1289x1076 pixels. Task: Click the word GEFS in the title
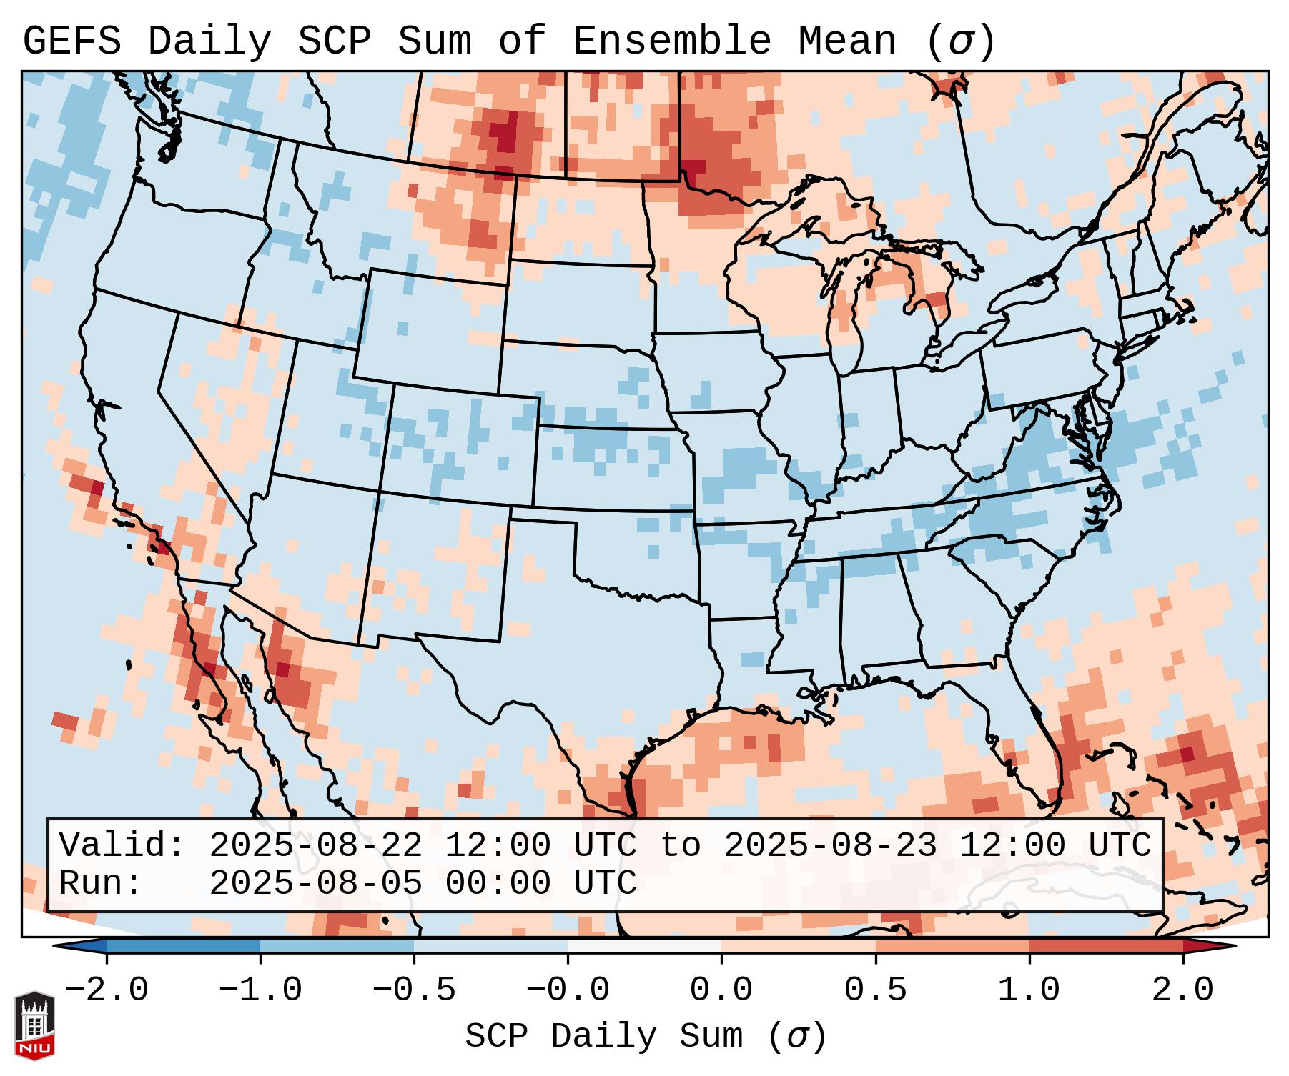pos(71,41)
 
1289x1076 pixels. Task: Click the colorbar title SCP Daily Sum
pos(604,1037)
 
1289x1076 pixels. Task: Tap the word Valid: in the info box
pos(122,845)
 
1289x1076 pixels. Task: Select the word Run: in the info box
pos(101,883)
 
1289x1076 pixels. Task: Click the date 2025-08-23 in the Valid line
pos(830,845)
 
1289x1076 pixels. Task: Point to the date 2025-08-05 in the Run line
pos(315,883)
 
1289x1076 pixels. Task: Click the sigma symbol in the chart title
pos(960,41)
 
